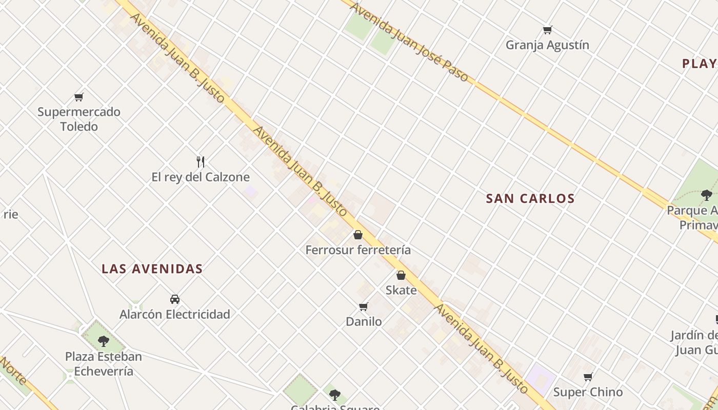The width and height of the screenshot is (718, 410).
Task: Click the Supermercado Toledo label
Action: click(79, 119)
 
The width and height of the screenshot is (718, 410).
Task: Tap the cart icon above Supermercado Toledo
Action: click(78, 97)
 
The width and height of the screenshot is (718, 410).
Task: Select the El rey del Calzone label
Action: click(201, 177)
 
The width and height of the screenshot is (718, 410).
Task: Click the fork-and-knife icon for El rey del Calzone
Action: click(201, 162)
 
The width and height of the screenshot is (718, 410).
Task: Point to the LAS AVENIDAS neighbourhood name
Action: click(152, 269)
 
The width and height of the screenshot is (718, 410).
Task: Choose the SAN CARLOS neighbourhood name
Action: click(530, 199)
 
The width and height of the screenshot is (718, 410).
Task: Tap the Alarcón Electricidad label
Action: click(174, 314)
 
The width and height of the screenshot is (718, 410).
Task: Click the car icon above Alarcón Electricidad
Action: click(175, 299)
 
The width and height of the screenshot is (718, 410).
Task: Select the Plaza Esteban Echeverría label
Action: click(104, 364)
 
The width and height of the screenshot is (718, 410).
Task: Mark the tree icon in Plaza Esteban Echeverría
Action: click(104, 341)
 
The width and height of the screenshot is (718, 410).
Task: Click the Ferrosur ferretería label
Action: click(358, 250)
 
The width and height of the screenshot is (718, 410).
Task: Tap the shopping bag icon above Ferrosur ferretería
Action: click(358, 235)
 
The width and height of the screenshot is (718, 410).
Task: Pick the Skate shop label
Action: click(401, 290)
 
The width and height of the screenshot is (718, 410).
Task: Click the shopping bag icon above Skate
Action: click(401, 275)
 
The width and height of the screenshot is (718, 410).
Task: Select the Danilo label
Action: click(364, 322)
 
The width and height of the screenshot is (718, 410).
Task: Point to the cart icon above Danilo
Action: click(364, 306)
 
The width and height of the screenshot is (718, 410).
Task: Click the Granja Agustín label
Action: click(547, 45)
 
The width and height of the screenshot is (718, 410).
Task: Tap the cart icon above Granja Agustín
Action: click(547, 30)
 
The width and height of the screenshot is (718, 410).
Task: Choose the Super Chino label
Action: click(588, 392)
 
